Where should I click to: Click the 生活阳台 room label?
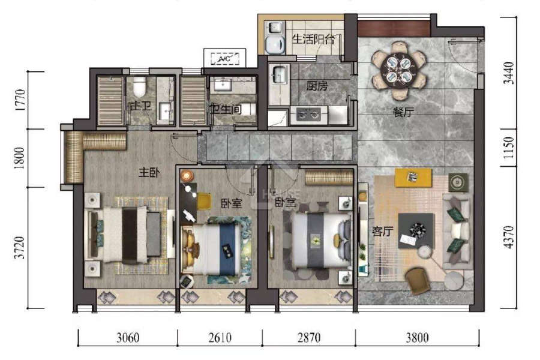click(x=313, y=39)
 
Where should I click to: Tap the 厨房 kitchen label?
click(x=317, y=85)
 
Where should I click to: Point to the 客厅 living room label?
click(x=382, y=231)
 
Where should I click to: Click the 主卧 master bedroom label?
click(x=149, y=172)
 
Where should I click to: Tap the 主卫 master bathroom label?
click(x=140, y=106)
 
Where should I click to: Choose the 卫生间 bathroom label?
click(x=226, y=109)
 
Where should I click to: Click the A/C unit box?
click(x=225, y=58)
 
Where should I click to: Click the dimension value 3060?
click(x=128, y=338)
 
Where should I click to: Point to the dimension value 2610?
click(x=220, y=338)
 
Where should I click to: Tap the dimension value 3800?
click(x=417, y=338)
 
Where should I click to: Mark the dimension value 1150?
click(x=509, y=148)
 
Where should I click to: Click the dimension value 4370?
click(x=509, y=237)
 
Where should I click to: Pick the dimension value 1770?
click(x=20, y=100)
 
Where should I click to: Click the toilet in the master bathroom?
click(x=139, y=87)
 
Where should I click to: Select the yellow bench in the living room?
click(x=413, y=178)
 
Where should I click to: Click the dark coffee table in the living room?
click(x=416, y=231)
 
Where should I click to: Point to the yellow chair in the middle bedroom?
click(x=204, y=201)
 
